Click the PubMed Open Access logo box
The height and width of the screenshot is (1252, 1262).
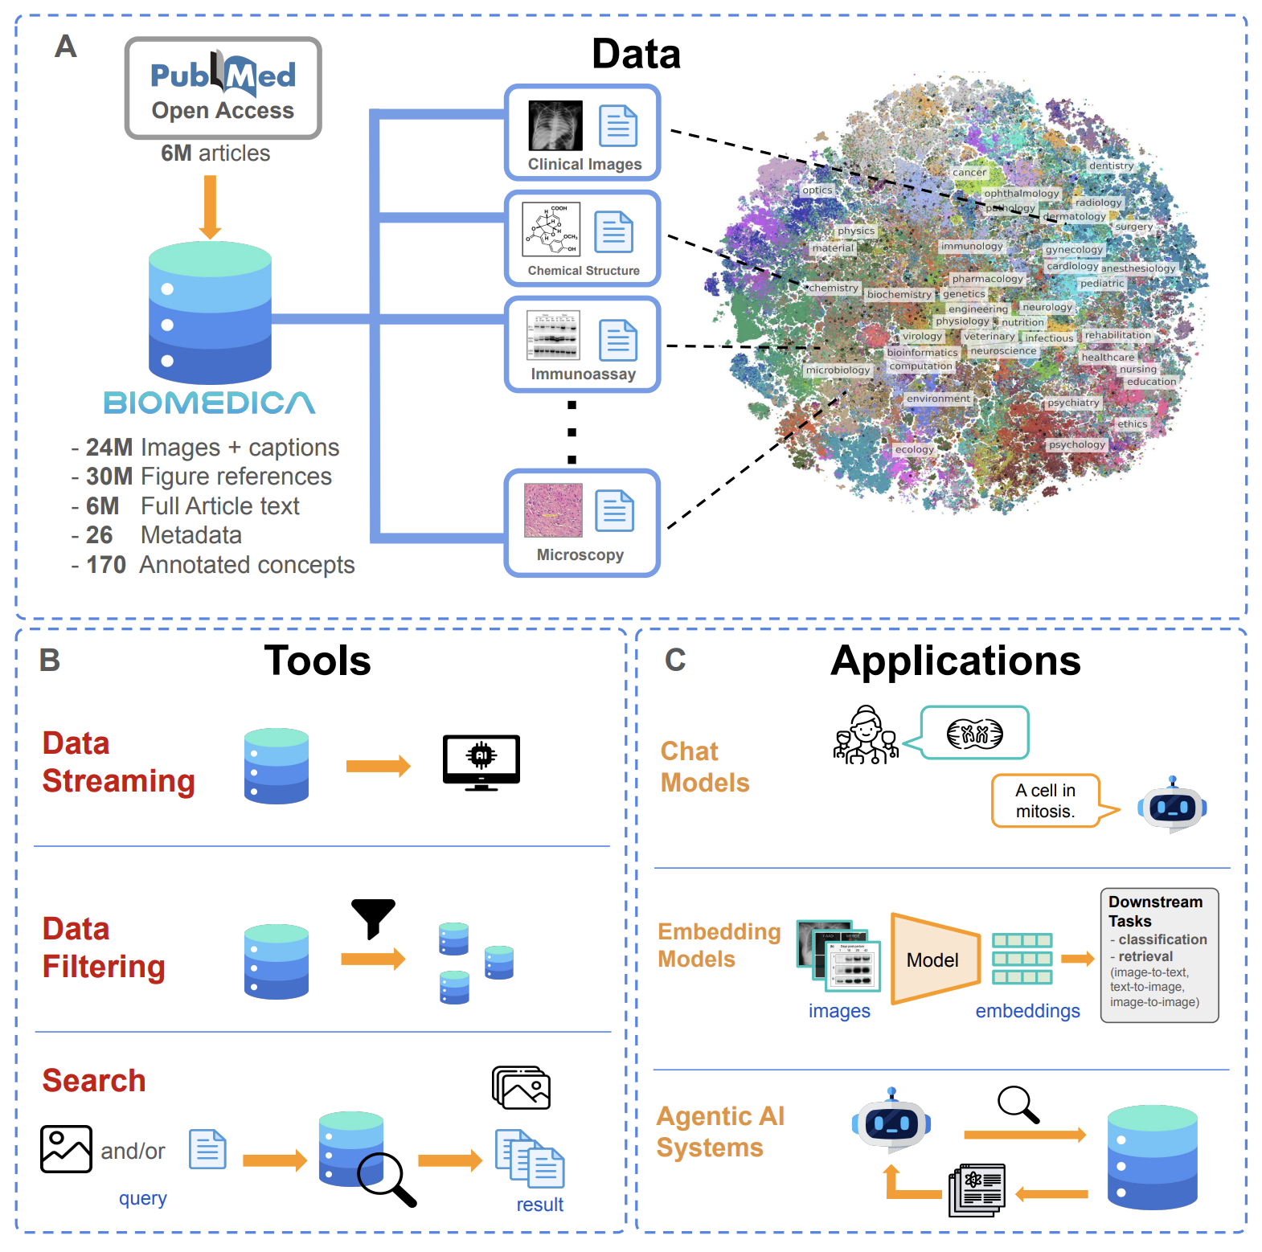coord(223,88)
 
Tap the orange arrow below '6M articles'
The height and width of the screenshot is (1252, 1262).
coord(210,207)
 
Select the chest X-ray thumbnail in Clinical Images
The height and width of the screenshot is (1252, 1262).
coord(555,125)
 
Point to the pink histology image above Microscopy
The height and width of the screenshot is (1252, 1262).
coord(553,510)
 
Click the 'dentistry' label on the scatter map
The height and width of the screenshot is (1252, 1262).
coord(1111,166)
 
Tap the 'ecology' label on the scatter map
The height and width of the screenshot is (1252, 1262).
coord(914,449)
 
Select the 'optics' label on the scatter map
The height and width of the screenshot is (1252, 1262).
coord(817,190)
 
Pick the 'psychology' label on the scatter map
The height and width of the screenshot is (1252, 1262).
coord(1076,444)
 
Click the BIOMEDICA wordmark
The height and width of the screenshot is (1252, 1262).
coord(209,403)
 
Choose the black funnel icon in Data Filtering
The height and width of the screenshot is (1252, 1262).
coord(373,917)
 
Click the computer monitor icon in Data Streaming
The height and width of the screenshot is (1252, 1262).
coord(481,761)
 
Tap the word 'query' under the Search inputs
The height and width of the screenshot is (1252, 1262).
coord(142,1198)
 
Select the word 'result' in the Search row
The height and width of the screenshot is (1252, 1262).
coord(539,1205)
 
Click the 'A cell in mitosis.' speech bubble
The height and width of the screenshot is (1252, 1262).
coord(1045,800)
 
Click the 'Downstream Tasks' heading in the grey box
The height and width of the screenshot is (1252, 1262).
coord(1155,911)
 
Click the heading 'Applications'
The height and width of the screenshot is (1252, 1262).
coord(955,661)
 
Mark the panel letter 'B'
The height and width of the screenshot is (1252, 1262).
coord(50,661)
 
